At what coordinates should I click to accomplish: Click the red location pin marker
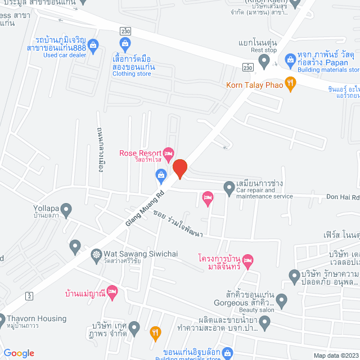coord(179,169)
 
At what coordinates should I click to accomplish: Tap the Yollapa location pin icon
coord(66,211)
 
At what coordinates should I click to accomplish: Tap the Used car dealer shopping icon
coord(93,44)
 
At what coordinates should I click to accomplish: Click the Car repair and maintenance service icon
coord(228,187)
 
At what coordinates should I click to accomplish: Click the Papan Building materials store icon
coord(290,58)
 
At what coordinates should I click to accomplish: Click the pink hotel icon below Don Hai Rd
coord(207,197)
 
